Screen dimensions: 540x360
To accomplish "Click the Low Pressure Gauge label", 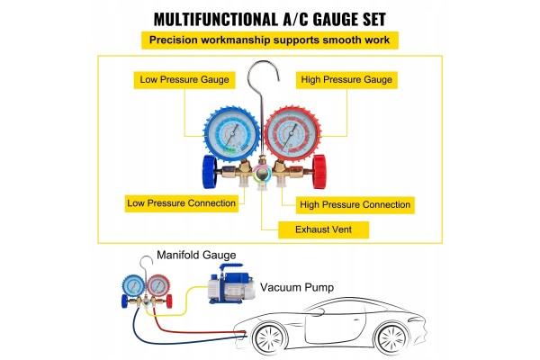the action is tap(184, 80).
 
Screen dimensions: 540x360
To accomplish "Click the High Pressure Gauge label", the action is tap(346, 80).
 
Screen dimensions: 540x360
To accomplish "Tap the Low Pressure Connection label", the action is tap(182, 203).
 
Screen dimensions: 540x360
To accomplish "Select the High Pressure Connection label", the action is tap(355, 205).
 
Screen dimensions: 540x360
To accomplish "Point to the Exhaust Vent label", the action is tap(323, 229).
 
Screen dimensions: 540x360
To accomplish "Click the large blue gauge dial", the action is tap(231, 134).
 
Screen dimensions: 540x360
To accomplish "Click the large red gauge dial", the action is tap(292, 134).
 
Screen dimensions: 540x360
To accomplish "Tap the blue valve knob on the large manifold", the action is tap(210, 172).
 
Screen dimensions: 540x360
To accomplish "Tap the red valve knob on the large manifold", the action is tap(319, 172).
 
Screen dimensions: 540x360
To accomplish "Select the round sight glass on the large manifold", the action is tap(262, 173).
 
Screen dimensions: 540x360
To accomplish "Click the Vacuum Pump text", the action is tap(297, 287).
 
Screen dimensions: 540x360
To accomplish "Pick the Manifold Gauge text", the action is tap(196, 256).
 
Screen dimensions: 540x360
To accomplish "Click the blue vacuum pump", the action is tap(231, 284).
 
